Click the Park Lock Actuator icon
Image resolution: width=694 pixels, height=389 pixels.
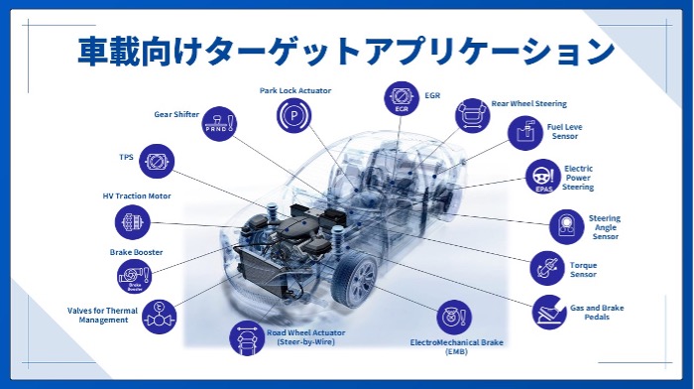click(x=293, y=116)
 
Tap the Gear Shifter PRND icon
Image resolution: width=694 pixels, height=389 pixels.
click(x=219, y=124)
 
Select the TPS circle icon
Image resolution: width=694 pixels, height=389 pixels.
click(x=157, y=162)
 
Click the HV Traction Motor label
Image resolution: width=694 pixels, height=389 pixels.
click(x=137, y=195)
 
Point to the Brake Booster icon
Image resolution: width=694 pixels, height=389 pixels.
click(x=135, y=277)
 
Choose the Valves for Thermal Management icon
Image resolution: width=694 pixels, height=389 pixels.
click(x=159, y=317)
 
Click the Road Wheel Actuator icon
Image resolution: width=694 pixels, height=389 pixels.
click(x=247, y=338)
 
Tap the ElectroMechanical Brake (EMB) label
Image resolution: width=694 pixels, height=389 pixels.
click(x=456, y=347)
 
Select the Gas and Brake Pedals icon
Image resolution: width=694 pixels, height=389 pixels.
click(x=549, y=313)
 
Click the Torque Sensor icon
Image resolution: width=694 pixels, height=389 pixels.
click(x=547, y=269)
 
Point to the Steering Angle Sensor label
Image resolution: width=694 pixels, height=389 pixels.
click(x=605, y=227)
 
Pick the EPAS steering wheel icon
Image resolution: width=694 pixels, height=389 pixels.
click(x=543, y=177)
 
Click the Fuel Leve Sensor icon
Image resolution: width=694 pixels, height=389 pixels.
click(x=525, y=133)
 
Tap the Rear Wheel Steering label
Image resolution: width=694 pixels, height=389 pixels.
click(x=528, y=103)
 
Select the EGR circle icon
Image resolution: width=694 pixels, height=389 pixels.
click(x=402, y=98)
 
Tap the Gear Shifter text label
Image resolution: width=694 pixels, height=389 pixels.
click(x=176, y=114)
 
